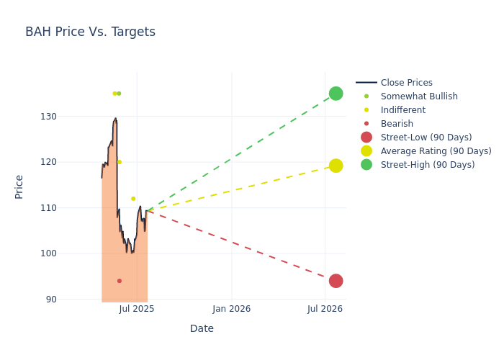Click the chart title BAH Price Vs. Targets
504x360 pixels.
pos(90,32)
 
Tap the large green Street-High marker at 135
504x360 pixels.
pos(336,94)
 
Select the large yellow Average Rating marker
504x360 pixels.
pos(336,166)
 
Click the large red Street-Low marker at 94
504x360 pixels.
pos(336,281)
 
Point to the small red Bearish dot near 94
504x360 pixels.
pos(120,281)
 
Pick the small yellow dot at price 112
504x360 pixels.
pos(133,199)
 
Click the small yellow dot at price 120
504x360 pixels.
pos(120,162)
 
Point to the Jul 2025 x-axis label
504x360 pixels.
pos(137,309)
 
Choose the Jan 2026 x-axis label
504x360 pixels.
pos(232,309)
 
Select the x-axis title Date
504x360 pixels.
pos(202,328)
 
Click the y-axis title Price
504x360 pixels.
pos(19,186)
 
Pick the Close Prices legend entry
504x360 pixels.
pos(406,83)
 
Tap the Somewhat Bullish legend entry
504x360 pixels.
pos(418,96)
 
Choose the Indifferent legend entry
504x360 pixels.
pos(402,110)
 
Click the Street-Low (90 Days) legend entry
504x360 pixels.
pos(426,138)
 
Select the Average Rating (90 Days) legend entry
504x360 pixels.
pos(436,151)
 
